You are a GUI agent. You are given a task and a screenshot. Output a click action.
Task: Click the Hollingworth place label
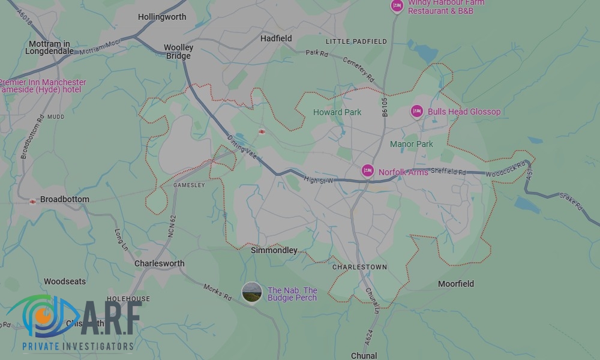(162, 17)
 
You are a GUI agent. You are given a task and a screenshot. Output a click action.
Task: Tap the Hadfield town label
(276, 38)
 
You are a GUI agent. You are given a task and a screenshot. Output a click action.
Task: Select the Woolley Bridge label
(178, 52)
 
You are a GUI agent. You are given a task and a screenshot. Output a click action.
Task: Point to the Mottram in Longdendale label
(49, 47)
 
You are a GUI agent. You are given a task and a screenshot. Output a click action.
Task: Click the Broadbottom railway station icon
(32, 202)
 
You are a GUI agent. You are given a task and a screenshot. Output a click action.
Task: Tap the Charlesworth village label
(159, 263)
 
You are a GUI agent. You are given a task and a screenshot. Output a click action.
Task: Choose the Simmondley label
(274, 250)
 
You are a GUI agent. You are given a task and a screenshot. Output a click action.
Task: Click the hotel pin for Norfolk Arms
(367, 171)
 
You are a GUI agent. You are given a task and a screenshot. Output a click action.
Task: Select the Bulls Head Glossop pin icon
(417, 111)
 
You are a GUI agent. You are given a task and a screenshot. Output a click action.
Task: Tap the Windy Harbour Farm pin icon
(397, 6)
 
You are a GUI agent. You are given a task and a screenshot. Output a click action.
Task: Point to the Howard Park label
(337, 112)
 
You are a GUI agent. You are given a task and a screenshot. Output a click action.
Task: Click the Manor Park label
(412, 144)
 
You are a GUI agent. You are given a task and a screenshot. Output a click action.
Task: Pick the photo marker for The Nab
(251, 293)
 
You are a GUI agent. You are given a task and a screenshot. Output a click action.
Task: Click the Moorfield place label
(456, 284)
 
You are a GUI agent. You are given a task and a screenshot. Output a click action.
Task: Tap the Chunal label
(364, 356)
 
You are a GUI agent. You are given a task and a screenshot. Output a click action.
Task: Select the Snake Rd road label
(571, 201)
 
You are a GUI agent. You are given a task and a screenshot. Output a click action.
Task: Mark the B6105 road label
(385, 106)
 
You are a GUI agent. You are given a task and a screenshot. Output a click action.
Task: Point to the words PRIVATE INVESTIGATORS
(77, 346)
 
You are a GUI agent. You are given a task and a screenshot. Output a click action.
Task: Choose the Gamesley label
(189, 185)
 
